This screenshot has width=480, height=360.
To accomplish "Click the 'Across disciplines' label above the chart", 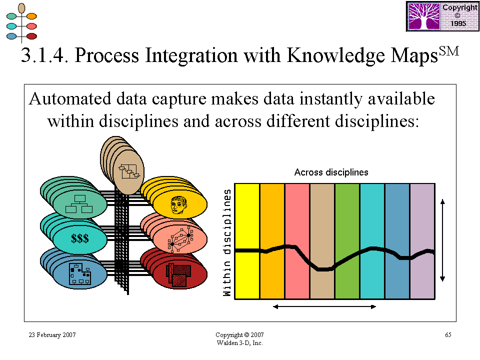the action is [331, 172].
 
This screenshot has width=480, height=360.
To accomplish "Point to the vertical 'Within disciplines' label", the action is [227, 243].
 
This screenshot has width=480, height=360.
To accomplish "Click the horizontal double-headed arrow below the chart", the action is [324, 306].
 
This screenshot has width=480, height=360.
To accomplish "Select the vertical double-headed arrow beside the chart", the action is [442, 240].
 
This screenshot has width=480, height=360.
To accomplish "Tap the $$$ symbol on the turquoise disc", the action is [80, 238].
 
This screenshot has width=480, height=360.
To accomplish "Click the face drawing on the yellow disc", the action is [179, 205].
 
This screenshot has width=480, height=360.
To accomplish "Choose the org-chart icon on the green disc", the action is [79, 204].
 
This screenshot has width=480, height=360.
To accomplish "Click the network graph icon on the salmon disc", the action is [180, 239].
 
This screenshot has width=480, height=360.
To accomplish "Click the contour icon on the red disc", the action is [178, 275].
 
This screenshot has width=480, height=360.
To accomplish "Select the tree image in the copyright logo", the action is [424, 16].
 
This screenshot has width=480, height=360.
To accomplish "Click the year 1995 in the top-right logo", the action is [458, 23].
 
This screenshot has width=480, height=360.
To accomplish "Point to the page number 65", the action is [448, 335].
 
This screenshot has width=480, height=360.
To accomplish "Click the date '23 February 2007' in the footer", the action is [52, 335].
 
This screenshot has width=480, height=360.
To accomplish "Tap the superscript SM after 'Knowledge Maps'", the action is [449, 51].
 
